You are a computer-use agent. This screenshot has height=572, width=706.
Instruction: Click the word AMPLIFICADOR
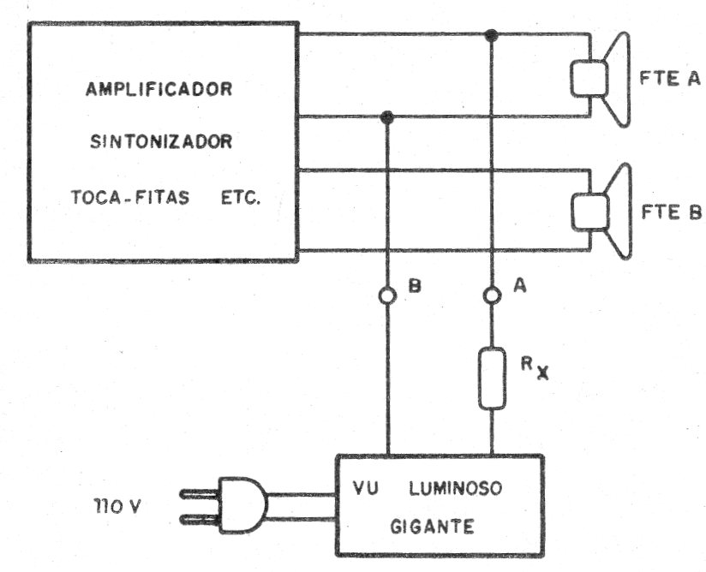pos(159,89)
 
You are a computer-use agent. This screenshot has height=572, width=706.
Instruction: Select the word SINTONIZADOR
pos(161,142)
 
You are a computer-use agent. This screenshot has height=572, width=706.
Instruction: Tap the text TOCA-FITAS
pos(130,197)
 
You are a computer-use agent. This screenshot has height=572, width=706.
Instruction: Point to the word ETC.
pos(241,198)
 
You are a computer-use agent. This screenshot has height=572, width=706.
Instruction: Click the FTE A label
pos(670,79)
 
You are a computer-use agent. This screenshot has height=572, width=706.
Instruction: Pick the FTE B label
pos(672,212)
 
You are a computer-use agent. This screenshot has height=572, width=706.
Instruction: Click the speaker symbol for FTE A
pos(601,80)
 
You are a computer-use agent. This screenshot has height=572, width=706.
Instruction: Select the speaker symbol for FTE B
pos(601,212)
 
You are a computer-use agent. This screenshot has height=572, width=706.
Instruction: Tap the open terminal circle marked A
pos(492,295)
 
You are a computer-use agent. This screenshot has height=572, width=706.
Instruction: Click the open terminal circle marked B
pos(387,295)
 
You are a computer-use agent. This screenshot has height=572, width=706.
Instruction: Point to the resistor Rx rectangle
pos(492,378)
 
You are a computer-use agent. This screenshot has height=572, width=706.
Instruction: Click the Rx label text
pos(535,368)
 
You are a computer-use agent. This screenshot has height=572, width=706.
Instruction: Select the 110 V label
pos(117,506)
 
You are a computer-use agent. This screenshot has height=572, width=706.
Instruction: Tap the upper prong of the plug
pos(200,494)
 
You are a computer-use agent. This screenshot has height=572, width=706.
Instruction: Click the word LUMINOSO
pos(455,488)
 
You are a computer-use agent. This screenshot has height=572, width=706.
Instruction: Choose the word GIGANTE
pos(432,526)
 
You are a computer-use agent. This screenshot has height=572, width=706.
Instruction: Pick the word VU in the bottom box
pos(366,488)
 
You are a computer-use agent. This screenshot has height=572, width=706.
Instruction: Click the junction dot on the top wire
pos(491,35)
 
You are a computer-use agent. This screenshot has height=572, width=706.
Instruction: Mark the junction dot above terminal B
pos(387,117)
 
